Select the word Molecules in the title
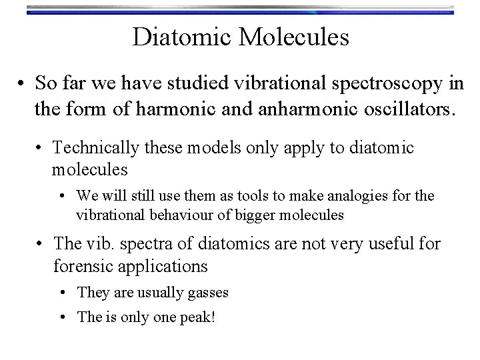[x=294, y=37]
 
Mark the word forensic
[x=82, y=266]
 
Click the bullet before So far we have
[x=23, y=85]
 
